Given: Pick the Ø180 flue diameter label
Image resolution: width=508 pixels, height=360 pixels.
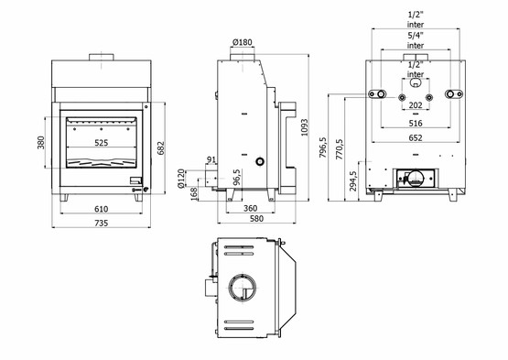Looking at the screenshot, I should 243,41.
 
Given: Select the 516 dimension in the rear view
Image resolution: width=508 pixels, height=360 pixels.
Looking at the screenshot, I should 415,122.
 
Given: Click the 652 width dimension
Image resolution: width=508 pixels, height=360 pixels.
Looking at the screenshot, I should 415,137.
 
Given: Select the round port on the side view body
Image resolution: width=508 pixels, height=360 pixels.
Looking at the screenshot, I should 261,161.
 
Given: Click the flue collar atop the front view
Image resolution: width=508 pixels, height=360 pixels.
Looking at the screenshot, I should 100,60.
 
